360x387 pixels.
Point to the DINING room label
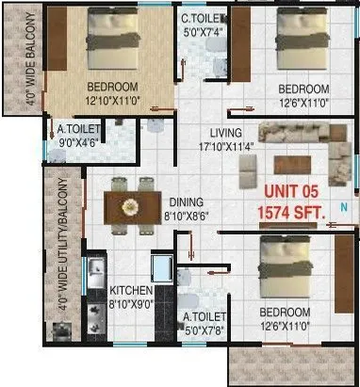point(188,201)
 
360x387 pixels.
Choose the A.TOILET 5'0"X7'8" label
point(205,318)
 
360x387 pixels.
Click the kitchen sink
point(95,274)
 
